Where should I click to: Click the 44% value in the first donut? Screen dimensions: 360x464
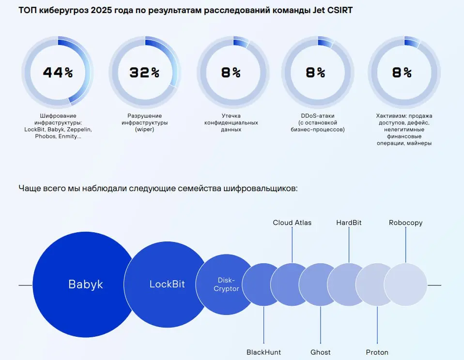pyautogui.click(x=58, y=73)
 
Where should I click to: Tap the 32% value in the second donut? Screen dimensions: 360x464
pyautogui.click(x=144, y=73)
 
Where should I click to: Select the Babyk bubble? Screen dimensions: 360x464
pyautogui.click(x=86, y=284)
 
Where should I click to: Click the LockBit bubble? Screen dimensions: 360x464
pyautogui.click(x=167, y=284)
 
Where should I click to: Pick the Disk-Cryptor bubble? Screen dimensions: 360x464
pyautogui.click(x=226, y=285)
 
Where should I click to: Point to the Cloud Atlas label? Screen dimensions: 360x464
pyautogui.click(x=292, y=223)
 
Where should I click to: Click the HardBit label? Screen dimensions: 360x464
pyautogui.click(x=349, y=223)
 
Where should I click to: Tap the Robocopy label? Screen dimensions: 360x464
pyautogui.click(x=405, y=223)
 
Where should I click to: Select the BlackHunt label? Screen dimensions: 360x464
pyautogui.click(x=263, y=352)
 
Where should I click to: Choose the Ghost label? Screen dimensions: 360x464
pyautogui.click(x=320, y=352)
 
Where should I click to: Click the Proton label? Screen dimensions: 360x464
pyautogui.click(x=377, y=352)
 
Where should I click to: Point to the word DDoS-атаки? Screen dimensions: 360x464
pyautogui.click(x=317, y=116)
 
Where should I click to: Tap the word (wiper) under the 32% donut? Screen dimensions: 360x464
pyautogui.click(x=144, y=130)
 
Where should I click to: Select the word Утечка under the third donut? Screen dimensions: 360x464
pyautogui.click(x=231, y=116)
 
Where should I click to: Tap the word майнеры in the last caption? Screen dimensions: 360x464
pyautogui.click(x=418, y=143)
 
